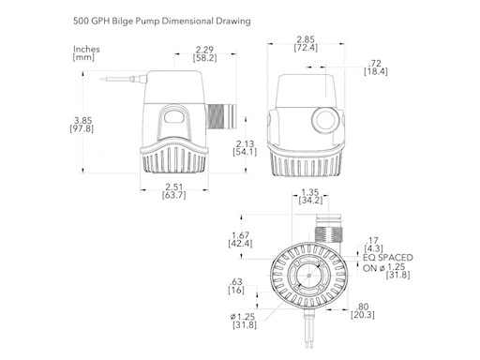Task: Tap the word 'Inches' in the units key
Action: (86, 48)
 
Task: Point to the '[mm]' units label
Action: (85, 58)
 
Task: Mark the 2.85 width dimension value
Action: (305, 39)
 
